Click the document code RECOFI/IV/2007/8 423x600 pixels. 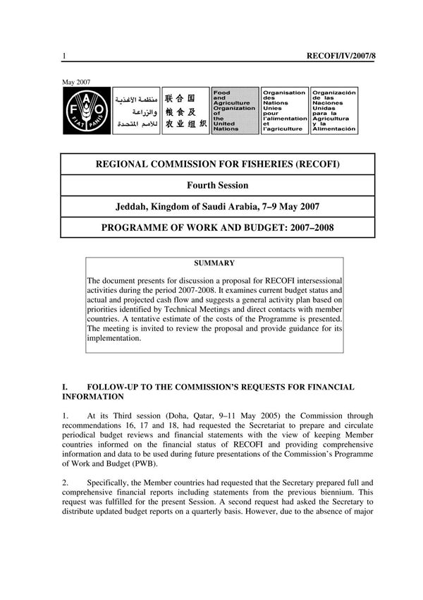[x=341, y=54]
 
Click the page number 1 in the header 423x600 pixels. [x=64, y=55]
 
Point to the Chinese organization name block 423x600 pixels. [x=185, y=111]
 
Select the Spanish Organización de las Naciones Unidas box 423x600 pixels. [x=334, y=111]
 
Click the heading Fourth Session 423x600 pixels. [x=217, y=186]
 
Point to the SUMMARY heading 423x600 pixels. [x=214, y=263]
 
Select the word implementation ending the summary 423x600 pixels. [x=114, y=338]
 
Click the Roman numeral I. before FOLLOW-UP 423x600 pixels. [x=65, y=388]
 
